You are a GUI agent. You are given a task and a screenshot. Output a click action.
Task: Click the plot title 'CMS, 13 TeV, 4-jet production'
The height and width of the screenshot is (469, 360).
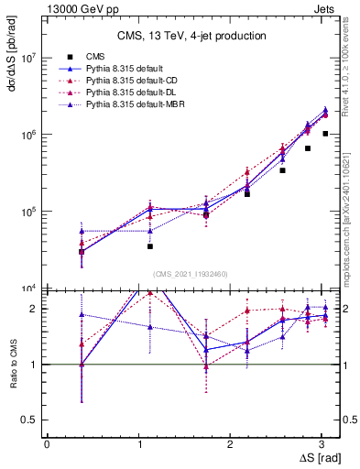pos(191,36)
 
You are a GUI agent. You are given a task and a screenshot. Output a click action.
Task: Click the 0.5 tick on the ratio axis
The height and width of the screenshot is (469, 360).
pos(30,420)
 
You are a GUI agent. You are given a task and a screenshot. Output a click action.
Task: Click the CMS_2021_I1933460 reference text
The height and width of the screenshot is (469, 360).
pos(190,273)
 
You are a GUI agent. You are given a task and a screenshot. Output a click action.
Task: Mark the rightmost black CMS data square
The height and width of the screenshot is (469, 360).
pos(325,134)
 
